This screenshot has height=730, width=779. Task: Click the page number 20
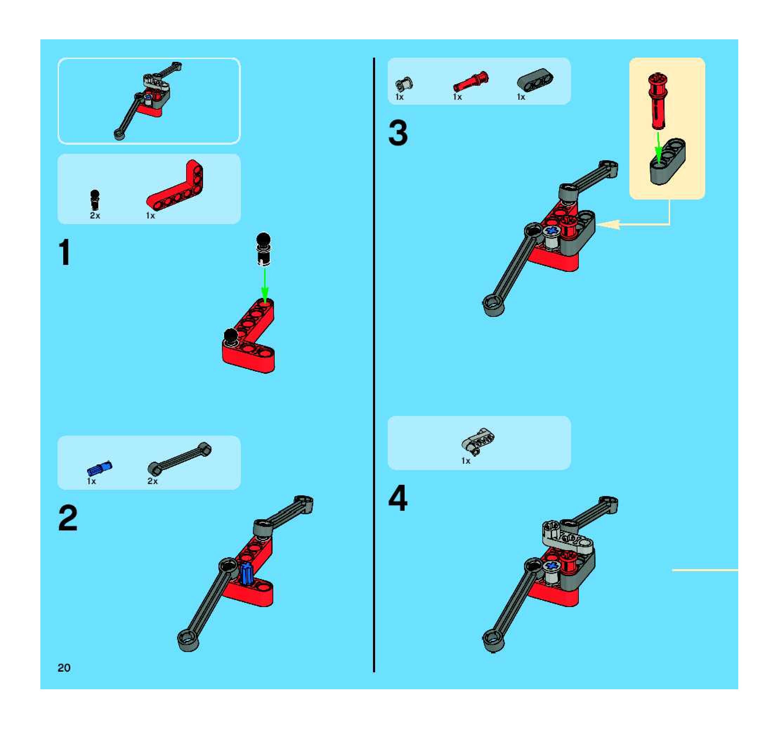(64, 668)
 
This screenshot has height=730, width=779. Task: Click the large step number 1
(65, 252)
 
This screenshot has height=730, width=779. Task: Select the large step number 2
(68, 518)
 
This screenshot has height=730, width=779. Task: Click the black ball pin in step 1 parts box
(95, 200)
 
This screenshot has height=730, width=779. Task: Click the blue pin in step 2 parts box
(99, 469)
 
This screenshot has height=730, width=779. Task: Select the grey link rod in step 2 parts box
(179, 459)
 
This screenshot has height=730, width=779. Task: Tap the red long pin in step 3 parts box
(471, 82)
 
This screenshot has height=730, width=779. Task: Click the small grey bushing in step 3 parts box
(404, 85)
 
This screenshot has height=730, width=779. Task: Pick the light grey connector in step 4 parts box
(478, 441)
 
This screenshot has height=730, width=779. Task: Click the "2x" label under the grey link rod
(152, 481)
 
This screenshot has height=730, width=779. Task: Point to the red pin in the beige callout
(658, 101)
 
